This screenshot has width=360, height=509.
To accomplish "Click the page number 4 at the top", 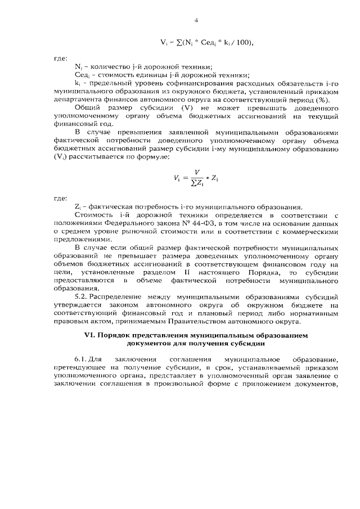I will click(196, 21).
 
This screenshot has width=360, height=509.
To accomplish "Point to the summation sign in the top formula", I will click(178, 42).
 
